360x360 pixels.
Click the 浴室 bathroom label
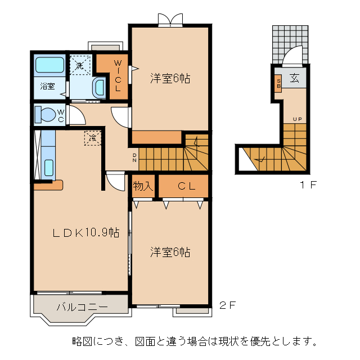47,86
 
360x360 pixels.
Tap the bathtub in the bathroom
49,65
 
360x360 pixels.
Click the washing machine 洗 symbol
80,65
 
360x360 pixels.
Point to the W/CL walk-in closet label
118,76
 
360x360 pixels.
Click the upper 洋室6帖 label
170,79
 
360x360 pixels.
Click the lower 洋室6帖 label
170,252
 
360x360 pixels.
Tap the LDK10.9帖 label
86,232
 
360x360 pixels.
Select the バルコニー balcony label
81,307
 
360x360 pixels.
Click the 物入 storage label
143,186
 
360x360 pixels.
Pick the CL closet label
187,186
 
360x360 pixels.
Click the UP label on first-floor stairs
296,119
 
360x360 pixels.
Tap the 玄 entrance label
294,79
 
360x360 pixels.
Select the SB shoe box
278,84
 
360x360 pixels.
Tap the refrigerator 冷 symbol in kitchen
92,137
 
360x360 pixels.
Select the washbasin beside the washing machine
99,87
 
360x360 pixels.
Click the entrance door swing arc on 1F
292,57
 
